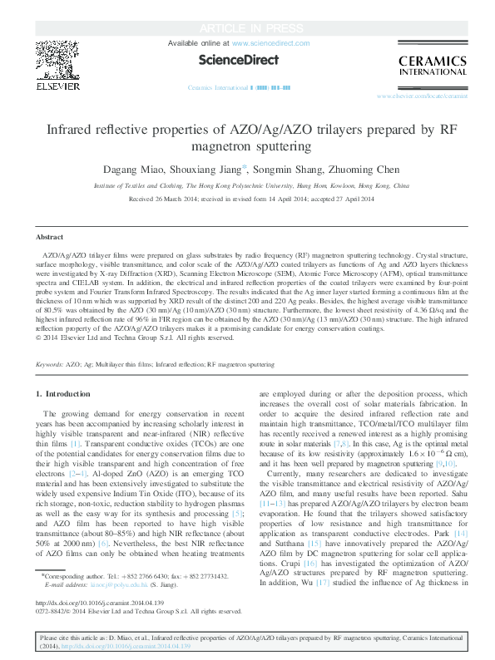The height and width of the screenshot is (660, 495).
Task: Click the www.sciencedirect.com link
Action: [x=270, y=42]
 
